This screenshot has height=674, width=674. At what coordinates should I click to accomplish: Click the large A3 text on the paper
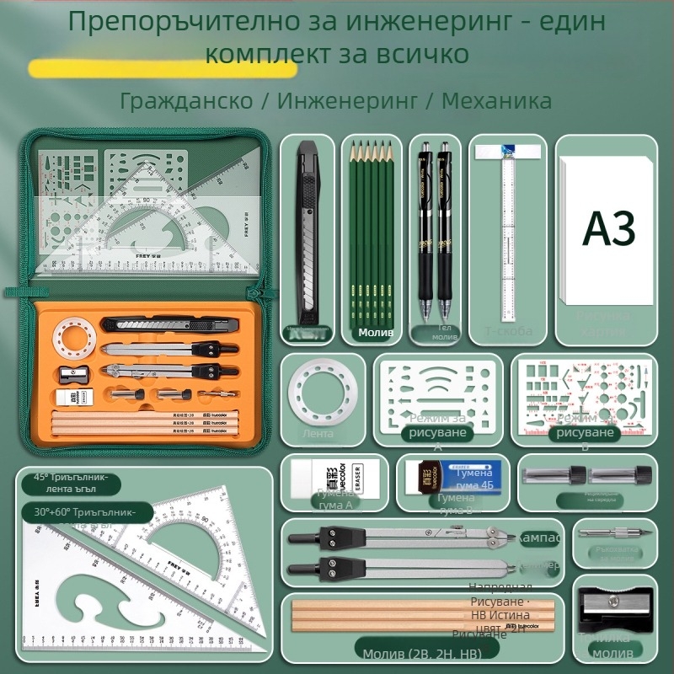609,227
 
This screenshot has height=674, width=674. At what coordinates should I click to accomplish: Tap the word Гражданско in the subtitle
186,101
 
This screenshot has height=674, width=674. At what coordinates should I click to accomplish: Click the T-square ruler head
505,151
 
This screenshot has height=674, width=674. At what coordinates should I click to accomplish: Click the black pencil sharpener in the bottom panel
613,605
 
